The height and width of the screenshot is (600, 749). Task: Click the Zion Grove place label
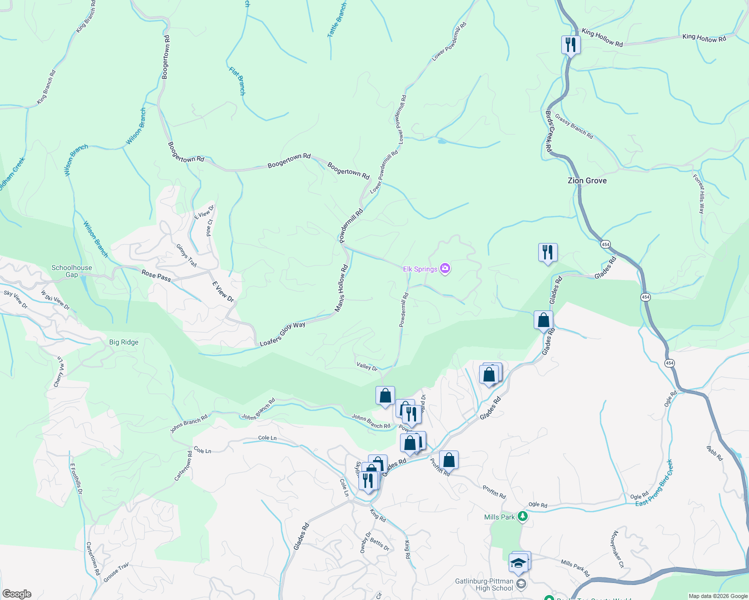(x=587, y=180)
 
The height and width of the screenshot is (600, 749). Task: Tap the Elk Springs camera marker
(x=445, y=268)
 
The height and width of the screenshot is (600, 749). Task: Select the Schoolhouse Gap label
(x=72, y=271)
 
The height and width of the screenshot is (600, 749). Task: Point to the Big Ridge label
(x=124, y=342)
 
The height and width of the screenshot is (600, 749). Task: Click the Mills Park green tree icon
(x=522, y=516)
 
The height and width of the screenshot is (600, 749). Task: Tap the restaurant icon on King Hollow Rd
(x=570, y=44)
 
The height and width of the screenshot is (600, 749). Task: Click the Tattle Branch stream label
(x=337, y=20)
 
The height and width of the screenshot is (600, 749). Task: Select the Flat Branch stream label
(x=237, y=80)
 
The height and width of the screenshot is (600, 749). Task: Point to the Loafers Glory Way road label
(x=282, y=334)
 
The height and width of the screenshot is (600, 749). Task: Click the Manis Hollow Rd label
(x=341, y=288)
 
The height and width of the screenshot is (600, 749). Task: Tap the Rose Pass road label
(x=156, y=275)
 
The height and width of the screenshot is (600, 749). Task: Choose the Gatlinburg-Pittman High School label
(x=484, y=584)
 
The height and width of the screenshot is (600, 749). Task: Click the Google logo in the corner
(x=17, y=593)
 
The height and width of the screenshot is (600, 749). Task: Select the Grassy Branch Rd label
(x=574, y=126)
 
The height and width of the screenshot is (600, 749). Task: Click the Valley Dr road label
(x=367, y=367)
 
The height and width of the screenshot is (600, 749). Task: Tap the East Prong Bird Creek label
(x=654, y=483)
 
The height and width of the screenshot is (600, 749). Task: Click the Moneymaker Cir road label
(x=616, y=549)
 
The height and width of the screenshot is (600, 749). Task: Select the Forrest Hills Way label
(x=698, y=193)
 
